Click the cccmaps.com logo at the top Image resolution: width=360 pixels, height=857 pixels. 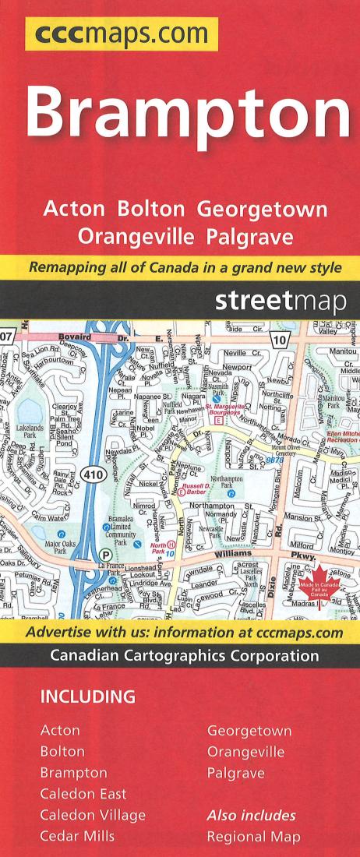[x=122, y=34]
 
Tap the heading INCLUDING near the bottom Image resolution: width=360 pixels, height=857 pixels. [x=88, y=695]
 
